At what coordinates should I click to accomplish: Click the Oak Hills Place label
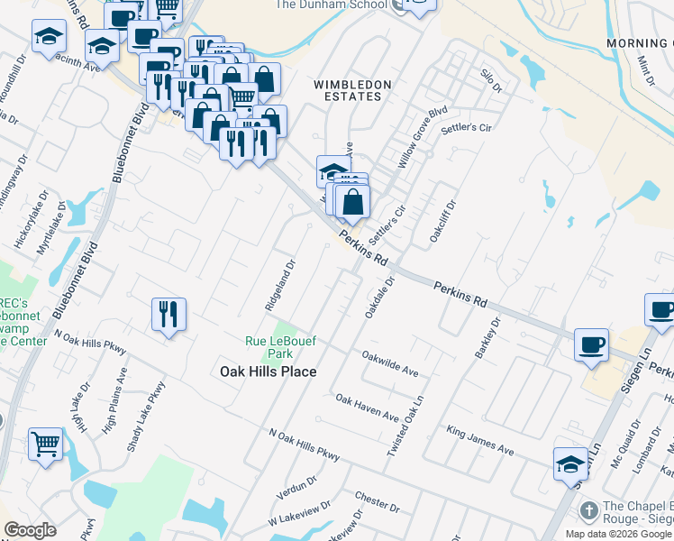(269, 371)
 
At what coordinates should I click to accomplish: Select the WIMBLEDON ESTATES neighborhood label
(352, 91)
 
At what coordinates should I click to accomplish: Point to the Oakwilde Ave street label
(390, 363)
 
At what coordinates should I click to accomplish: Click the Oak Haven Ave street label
(367, 408)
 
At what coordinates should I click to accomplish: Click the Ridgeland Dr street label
(279, 286)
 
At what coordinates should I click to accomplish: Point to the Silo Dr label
(491, 80)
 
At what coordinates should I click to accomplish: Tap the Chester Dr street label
(370, 497)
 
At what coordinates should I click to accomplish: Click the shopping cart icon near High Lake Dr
(46, 443)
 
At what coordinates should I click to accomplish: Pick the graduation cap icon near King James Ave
(570, 463)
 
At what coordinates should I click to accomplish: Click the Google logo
(30, 530)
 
